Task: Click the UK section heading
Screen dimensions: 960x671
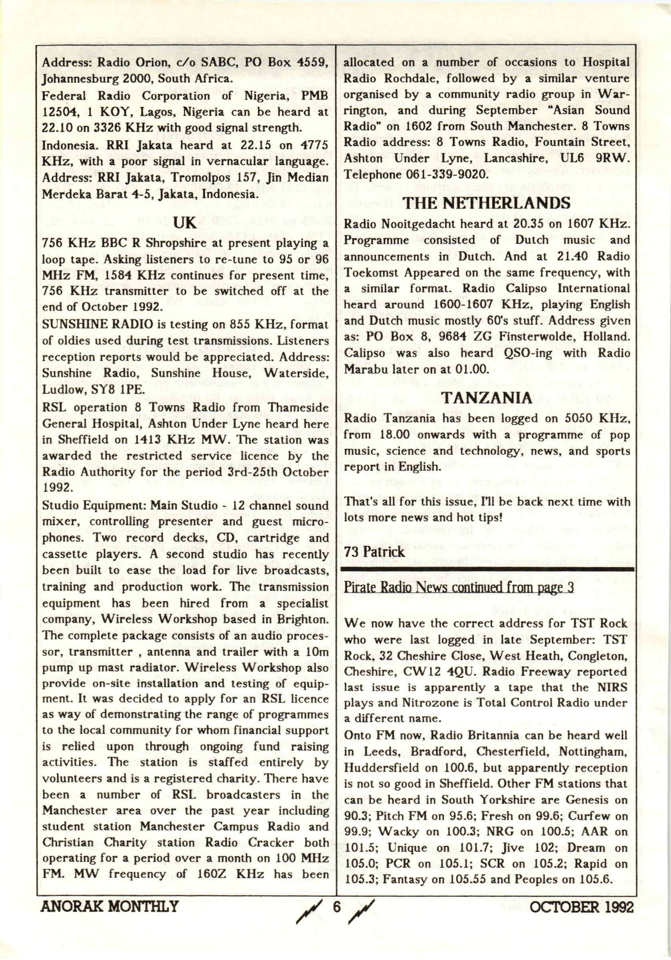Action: click(184, 222)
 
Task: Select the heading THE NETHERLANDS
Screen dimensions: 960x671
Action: click(487, 203)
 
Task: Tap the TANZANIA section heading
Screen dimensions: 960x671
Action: click(486, 398)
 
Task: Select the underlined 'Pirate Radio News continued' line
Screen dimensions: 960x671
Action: click(459, 588)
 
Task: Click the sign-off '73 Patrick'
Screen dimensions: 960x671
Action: click(374, 551)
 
